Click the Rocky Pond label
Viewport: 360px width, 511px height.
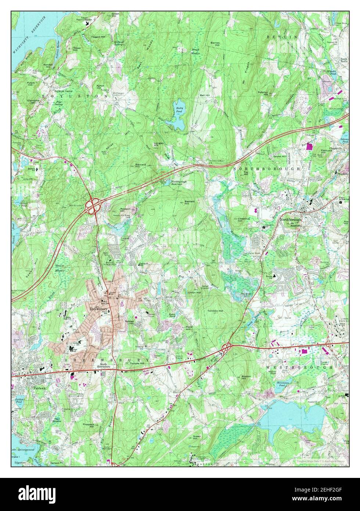click(179, 110)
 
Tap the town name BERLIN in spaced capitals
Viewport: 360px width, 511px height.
click(282, 37)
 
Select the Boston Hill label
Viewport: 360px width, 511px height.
click(246, 378)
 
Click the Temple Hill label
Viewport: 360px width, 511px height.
click(137, 364)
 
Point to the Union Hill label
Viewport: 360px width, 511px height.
click(194, 293)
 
